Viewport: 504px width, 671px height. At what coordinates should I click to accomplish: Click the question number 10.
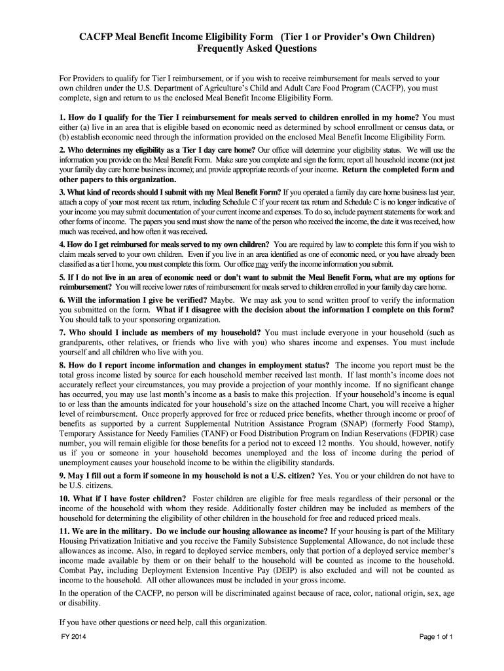pyautogui.click(x=65, y=499)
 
